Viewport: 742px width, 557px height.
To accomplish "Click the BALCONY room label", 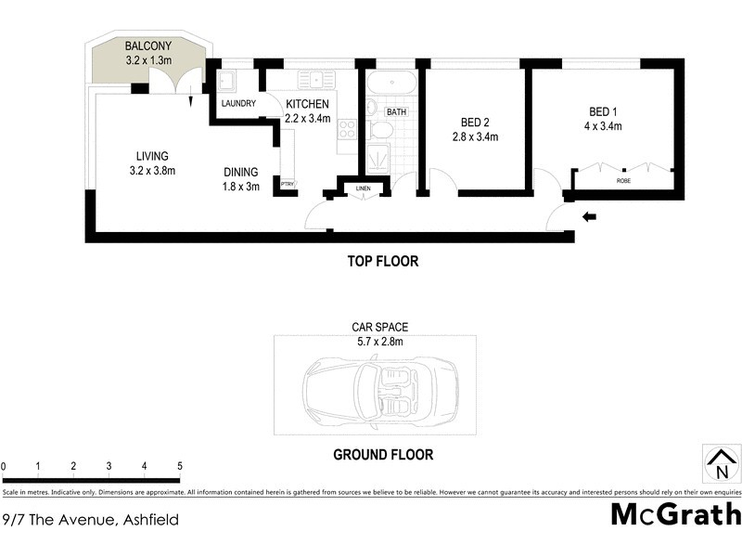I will (x=148, y=45).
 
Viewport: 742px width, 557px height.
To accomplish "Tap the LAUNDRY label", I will (x=237, y=104).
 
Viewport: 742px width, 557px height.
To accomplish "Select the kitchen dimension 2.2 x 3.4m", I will (x=306, y=118).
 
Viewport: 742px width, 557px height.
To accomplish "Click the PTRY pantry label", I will (x=287, y=185).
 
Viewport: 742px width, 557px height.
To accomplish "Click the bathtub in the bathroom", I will (x=392, y=82).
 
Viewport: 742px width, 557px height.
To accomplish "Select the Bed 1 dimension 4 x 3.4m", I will (x=602, y=125).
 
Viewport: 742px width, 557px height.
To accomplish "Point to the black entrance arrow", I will (x=589, y=218).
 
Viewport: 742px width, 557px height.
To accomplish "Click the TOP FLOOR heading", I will (x=383, y=262).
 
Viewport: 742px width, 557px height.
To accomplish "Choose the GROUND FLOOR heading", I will (x=383, y=456).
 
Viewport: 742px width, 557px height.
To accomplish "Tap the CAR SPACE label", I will (x=379, y=328).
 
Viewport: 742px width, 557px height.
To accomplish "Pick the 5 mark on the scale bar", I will (x=180, y=466).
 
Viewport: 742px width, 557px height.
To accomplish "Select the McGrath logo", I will (x=675, y=513).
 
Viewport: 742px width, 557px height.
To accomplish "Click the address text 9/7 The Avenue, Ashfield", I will (x=90, y=520).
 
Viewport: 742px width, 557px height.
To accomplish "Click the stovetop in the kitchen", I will (x=348, y=129).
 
